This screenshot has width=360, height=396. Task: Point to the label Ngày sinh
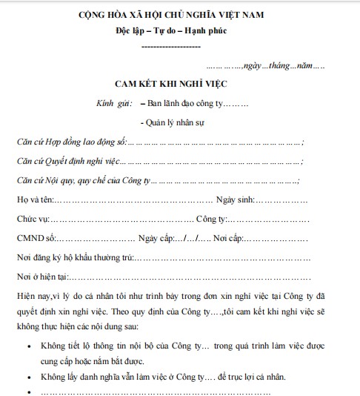tap(235, 199)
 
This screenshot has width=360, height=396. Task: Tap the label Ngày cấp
tap(154, 238)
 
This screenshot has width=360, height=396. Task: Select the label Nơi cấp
tap(228, 238)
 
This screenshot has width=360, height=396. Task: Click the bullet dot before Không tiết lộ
tap(27, 346)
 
